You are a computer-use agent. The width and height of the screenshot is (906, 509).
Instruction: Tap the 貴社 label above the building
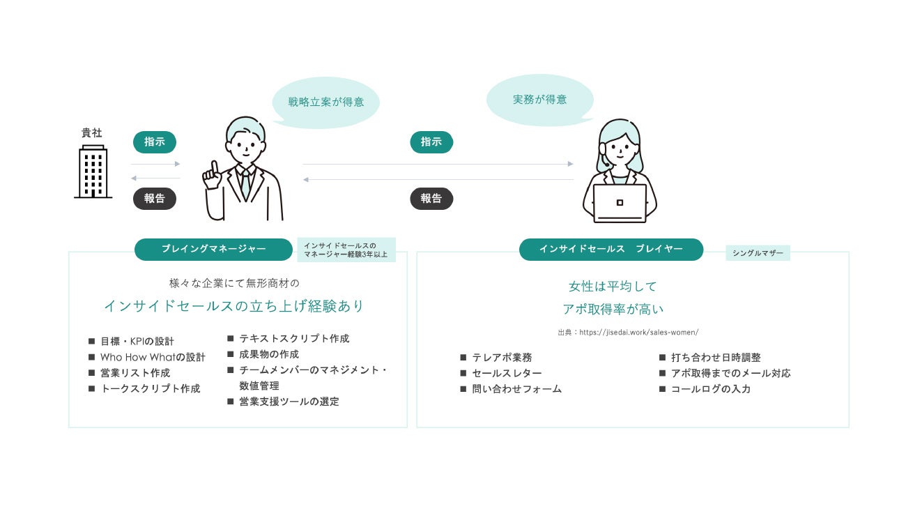(x=92, y=132)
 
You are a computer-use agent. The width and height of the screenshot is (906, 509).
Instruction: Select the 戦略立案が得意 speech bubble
(x=325, y=102)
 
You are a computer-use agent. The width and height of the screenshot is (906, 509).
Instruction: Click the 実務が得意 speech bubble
(x=539, y=100)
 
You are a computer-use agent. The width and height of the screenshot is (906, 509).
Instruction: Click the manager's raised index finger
(x=215, y=167)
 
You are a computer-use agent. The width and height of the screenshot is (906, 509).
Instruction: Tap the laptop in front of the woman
(x=620, y=203)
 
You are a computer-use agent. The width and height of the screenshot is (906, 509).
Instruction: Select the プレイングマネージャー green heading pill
(x=213, y=249)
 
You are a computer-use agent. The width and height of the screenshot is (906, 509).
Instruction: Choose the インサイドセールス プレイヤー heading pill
(x=611, y=249)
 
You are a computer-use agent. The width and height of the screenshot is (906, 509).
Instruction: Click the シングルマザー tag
(x=758, y=253)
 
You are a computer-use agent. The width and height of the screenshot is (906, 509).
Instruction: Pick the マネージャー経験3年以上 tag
(x=346, y=250)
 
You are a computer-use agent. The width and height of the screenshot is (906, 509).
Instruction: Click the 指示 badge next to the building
(x=155, y=142)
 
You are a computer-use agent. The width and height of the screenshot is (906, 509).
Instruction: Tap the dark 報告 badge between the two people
(x=431, y=199)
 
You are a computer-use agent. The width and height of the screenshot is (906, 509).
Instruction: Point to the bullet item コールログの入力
(x=710, y=389)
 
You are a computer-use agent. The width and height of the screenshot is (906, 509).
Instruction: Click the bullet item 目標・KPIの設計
(x=137, y=342)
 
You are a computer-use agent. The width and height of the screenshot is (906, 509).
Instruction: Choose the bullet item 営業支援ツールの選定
(x=289, y=402)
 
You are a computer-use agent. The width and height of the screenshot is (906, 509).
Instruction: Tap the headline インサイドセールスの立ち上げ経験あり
(x=233, y=306)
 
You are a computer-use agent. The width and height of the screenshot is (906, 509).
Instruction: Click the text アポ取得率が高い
(x=613, y=309)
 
